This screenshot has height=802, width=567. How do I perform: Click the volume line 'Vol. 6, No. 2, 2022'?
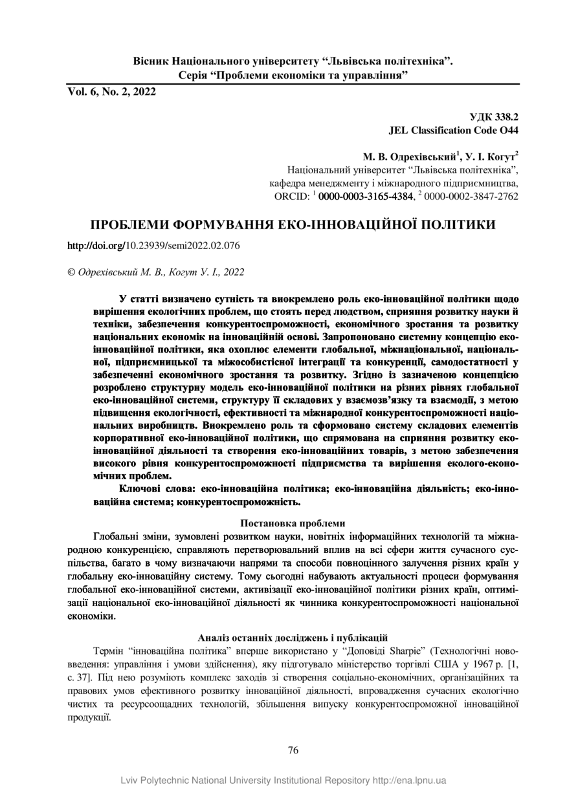pyautogui.click(x=112, y=92)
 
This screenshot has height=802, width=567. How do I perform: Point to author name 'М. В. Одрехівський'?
pyautogui.click(x=410, y=157)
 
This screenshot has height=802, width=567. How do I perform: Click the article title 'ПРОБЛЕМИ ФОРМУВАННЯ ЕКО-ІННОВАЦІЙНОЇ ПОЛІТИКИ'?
pyautogui.click(x=293, y=225)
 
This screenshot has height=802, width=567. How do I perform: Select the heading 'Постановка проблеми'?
pyautogui.click(x=293, y=523)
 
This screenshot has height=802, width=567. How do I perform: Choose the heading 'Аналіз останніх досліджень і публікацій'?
pyautogui.click(x=293, y=637)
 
